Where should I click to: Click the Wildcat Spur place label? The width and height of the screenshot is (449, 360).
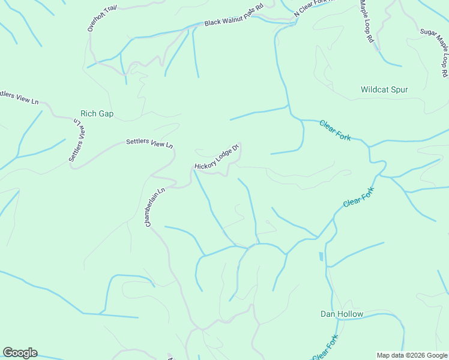pyautogui.click(x=384, y=90)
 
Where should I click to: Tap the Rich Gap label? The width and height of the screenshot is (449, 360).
pyautogui.click(x=97, y=113)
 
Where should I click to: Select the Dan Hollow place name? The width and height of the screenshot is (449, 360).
pyautogui.click(x=342, y=314)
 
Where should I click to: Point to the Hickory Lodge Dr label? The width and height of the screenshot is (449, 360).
pyautogui.click(x=217, y=157)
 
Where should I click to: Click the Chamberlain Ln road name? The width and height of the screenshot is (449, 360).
pyautogui.click(x=155, y=208)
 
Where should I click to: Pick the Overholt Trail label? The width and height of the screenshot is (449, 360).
pyautogui.click(x=101, y=19)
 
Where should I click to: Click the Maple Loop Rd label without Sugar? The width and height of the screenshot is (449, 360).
pyautogui.click(x=367, y=21)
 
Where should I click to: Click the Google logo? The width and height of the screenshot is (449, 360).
pyautogui.click(x=20, y=353)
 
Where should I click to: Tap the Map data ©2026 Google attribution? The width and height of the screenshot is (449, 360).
pyautogui.click(x=412, y=355)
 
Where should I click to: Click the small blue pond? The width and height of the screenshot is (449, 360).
pyautogui.click(x=321, y=256)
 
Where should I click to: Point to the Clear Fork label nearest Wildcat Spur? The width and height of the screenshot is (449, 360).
pyautogui.click(x=335, y=130)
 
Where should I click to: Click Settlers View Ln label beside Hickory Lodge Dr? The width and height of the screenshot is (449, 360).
pyautogui.click(x=149, y=144)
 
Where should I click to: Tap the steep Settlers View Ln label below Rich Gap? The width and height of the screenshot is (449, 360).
pyautogui.click(x=76, y=140)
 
